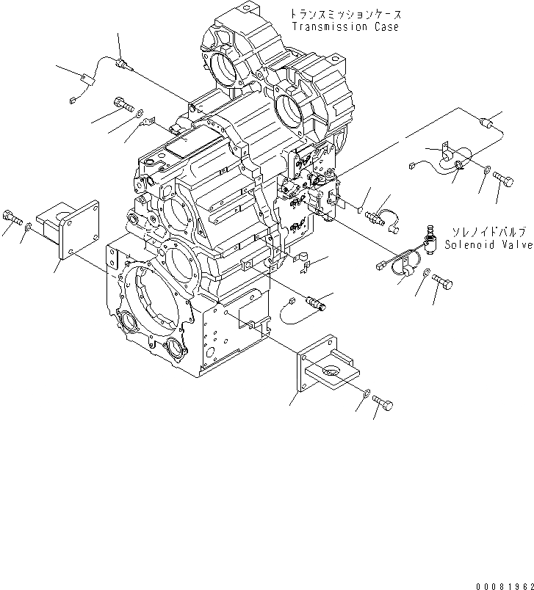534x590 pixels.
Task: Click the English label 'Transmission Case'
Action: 345,27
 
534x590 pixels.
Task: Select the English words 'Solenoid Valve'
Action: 488,245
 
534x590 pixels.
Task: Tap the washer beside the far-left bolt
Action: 26,228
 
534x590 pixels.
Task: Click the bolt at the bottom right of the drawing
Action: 383,403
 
